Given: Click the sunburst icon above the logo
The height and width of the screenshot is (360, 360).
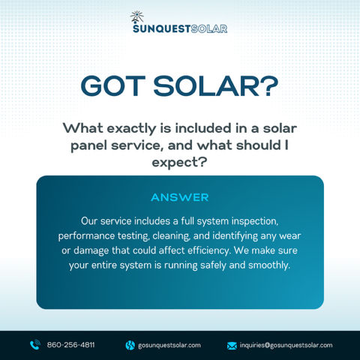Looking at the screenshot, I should coord(136,16).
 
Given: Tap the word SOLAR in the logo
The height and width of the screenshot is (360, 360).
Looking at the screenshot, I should coord(210,28).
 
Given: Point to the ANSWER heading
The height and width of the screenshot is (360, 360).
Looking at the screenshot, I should coord(180,197).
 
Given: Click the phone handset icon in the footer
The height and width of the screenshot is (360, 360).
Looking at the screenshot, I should coord(34,345).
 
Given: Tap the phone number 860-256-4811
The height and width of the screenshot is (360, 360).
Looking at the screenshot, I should coord(71,345).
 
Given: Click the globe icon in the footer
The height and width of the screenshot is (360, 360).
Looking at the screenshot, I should coord(129,345).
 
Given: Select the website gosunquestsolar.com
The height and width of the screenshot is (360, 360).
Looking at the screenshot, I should coord(169,345).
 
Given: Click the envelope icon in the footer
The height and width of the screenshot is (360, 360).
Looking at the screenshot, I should coord(232,345).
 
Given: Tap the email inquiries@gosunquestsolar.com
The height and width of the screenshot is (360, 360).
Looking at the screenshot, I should coord(286,345).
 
